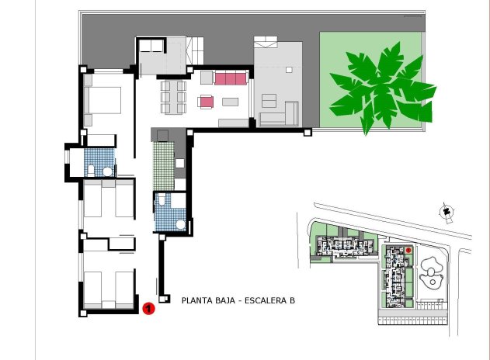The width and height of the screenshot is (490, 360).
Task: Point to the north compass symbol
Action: [447, 211]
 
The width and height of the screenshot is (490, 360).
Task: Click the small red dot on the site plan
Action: [408, 251]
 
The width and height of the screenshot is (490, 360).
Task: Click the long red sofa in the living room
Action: [231, 78]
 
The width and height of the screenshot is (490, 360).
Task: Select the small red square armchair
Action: [206, 102]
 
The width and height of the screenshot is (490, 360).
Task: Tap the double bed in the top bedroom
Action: [103, 100]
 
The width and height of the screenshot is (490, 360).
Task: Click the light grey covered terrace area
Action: [278, 78]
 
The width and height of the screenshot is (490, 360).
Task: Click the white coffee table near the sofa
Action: [231, 102]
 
